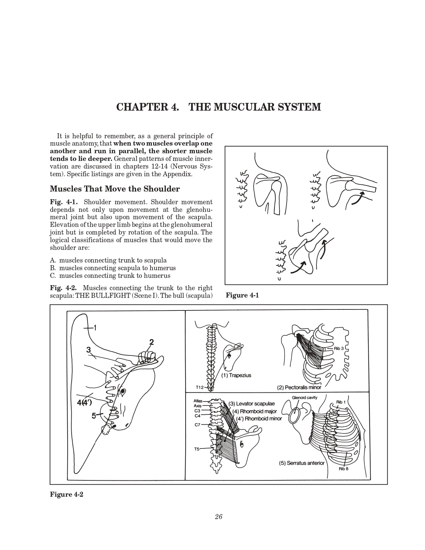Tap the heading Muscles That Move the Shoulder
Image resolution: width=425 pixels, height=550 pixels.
click(x=115, y=189)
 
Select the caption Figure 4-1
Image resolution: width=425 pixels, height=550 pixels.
click(x=242, y=295)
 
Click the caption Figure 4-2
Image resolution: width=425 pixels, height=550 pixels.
click(x=66, y=494)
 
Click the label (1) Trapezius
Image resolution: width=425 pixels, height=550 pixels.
click(x=236, y=375)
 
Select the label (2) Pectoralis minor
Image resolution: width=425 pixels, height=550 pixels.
click(x=299, y=387)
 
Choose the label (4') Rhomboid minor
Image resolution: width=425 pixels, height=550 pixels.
click(x=259, y=418)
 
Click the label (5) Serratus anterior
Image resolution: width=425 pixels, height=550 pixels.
click(x=301, y=463)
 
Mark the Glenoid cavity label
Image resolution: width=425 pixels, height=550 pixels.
click(x=304, y=397)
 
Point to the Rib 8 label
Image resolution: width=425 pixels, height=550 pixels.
click(x=344, y=469)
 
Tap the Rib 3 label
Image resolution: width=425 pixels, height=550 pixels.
click(x=339, y=348)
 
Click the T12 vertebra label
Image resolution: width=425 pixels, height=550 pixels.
click(x=200, y=387)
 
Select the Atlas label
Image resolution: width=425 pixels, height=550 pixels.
click(x=197, y=401)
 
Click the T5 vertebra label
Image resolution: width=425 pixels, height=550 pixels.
click(x=198, y=449)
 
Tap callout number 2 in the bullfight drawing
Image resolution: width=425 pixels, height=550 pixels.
click(x=152, y=342)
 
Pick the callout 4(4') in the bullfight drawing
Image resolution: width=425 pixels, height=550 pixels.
click(x=84, y=402)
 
